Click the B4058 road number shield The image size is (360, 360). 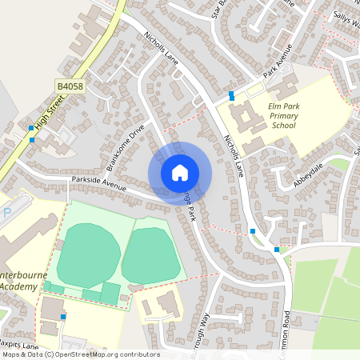click(x=70, y=86)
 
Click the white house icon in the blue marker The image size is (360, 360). click(x=180, y=172)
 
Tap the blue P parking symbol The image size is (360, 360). click(x=7, y=213)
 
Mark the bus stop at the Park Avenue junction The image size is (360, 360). click(x=231, y=95)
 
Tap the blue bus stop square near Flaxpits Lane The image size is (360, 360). click(x=63, y=317)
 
